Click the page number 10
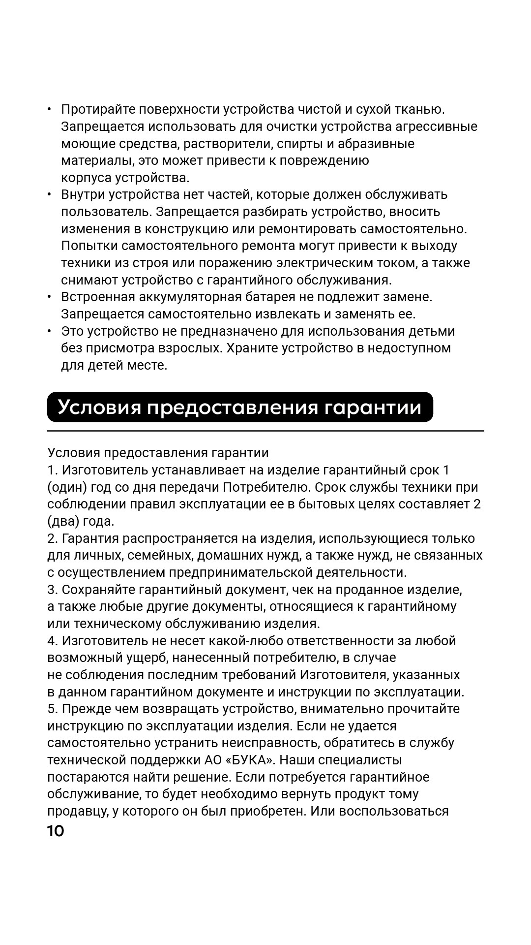point(56,831)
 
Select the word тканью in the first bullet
point(421,109)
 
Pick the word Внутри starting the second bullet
point(83,194)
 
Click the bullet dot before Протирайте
point(50,109)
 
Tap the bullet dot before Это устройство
point(50,331)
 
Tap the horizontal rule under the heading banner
point(265,431)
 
